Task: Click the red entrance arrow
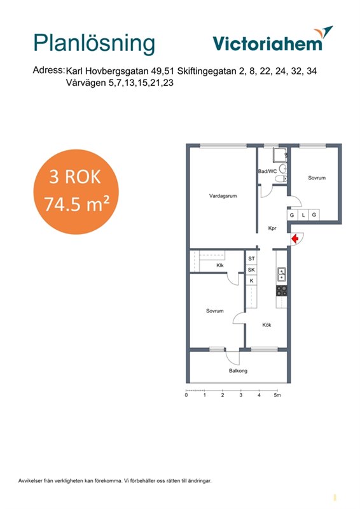click(294, 239)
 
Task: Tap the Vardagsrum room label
click(223, 196)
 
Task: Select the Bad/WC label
click(268, 171)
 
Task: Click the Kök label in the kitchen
click(267, 324)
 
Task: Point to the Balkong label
click(238, 371)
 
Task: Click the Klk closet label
click(220, 265)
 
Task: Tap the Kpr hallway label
click(272, 228)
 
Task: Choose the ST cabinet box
click(252, 259)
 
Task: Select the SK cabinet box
click(252, 270)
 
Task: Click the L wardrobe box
click(303, 215)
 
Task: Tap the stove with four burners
click(281, 291)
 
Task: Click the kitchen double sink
click(281, 274)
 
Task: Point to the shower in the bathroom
click(280, 155)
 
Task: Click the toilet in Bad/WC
click(280, 179)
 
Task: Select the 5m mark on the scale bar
click(277, 395)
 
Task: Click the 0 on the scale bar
click(186, 395)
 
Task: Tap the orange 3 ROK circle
click(76, 192)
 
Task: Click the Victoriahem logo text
click(268, 43)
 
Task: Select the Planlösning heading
click(94, 43)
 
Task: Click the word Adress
click(48, 70)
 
